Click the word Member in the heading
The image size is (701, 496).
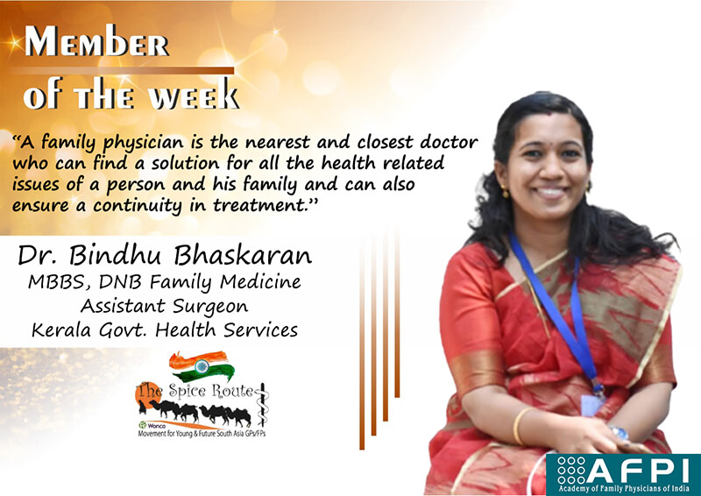tap(96, 40)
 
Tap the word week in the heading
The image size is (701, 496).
tap(194, 96)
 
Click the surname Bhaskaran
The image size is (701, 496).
tap(243, 255)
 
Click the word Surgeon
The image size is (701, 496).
tap(210, 308)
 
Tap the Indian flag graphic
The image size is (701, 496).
tap(202, 365)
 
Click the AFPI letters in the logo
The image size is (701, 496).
tap(640, 470)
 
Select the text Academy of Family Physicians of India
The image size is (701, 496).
tap(624, 488)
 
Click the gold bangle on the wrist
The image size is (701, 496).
tap(519, 425)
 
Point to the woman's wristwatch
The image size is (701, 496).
tap(620, 433)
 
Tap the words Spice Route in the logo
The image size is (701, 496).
tap(210, 391)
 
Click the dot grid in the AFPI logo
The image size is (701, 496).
tap(571, 470)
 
